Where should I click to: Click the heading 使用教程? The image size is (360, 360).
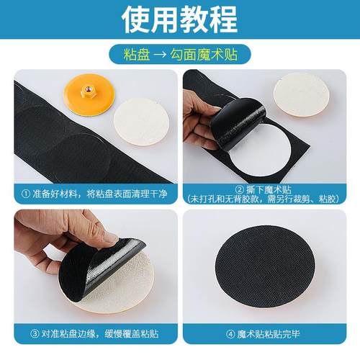pos(179,19)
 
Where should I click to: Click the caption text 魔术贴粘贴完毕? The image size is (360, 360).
pos(271,334)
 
